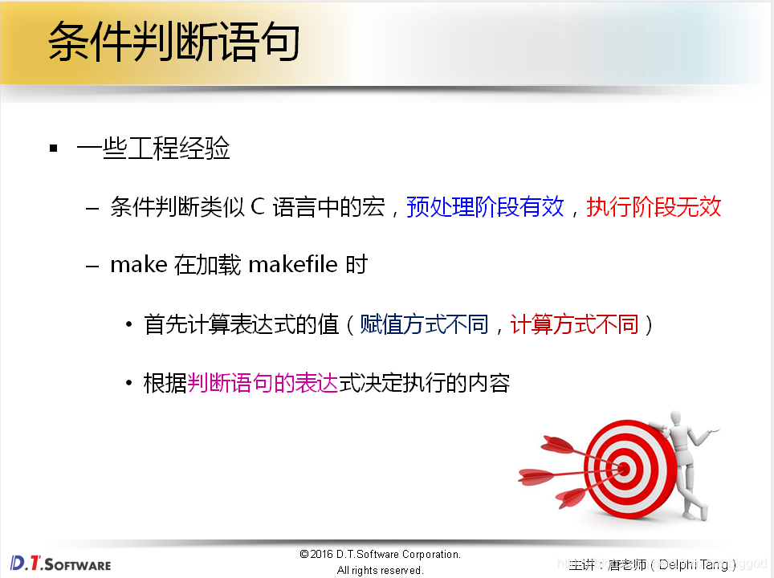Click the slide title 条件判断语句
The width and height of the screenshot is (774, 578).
tap(173, 42)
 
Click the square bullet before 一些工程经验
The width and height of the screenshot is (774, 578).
tap(54, 149)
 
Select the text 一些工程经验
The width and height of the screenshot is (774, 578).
tap(153, 149)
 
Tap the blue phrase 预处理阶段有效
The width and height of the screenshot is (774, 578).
tap(485, 207)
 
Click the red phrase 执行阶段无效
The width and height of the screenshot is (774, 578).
tap(654, 207)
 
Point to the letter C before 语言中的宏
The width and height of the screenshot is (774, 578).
tap(257, 207)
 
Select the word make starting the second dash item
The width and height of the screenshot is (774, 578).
tap(138, 265)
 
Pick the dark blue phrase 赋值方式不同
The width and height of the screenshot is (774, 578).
tap(424, 324)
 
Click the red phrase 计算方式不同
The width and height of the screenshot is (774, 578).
tap(574, 324)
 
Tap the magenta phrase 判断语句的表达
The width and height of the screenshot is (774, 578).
tap(263, 383)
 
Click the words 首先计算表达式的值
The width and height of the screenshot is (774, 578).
tap(241, 324)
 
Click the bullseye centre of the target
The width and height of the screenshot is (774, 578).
tap(621, 466)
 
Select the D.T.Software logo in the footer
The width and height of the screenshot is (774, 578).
tap(61, 563)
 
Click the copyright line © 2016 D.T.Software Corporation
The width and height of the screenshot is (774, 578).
tap(380, 555)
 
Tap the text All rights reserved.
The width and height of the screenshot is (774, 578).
tap(380, 570)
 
